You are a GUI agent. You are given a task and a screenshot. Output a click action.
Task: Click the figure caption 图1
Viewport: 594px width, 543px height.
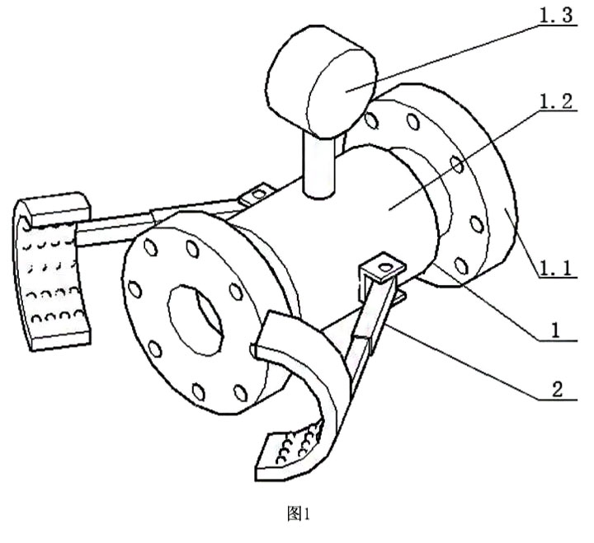coord(296,515)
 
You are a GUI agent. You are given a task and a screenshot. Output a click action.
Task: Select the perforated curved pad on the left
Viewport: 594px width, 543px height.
coord(49,272)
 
